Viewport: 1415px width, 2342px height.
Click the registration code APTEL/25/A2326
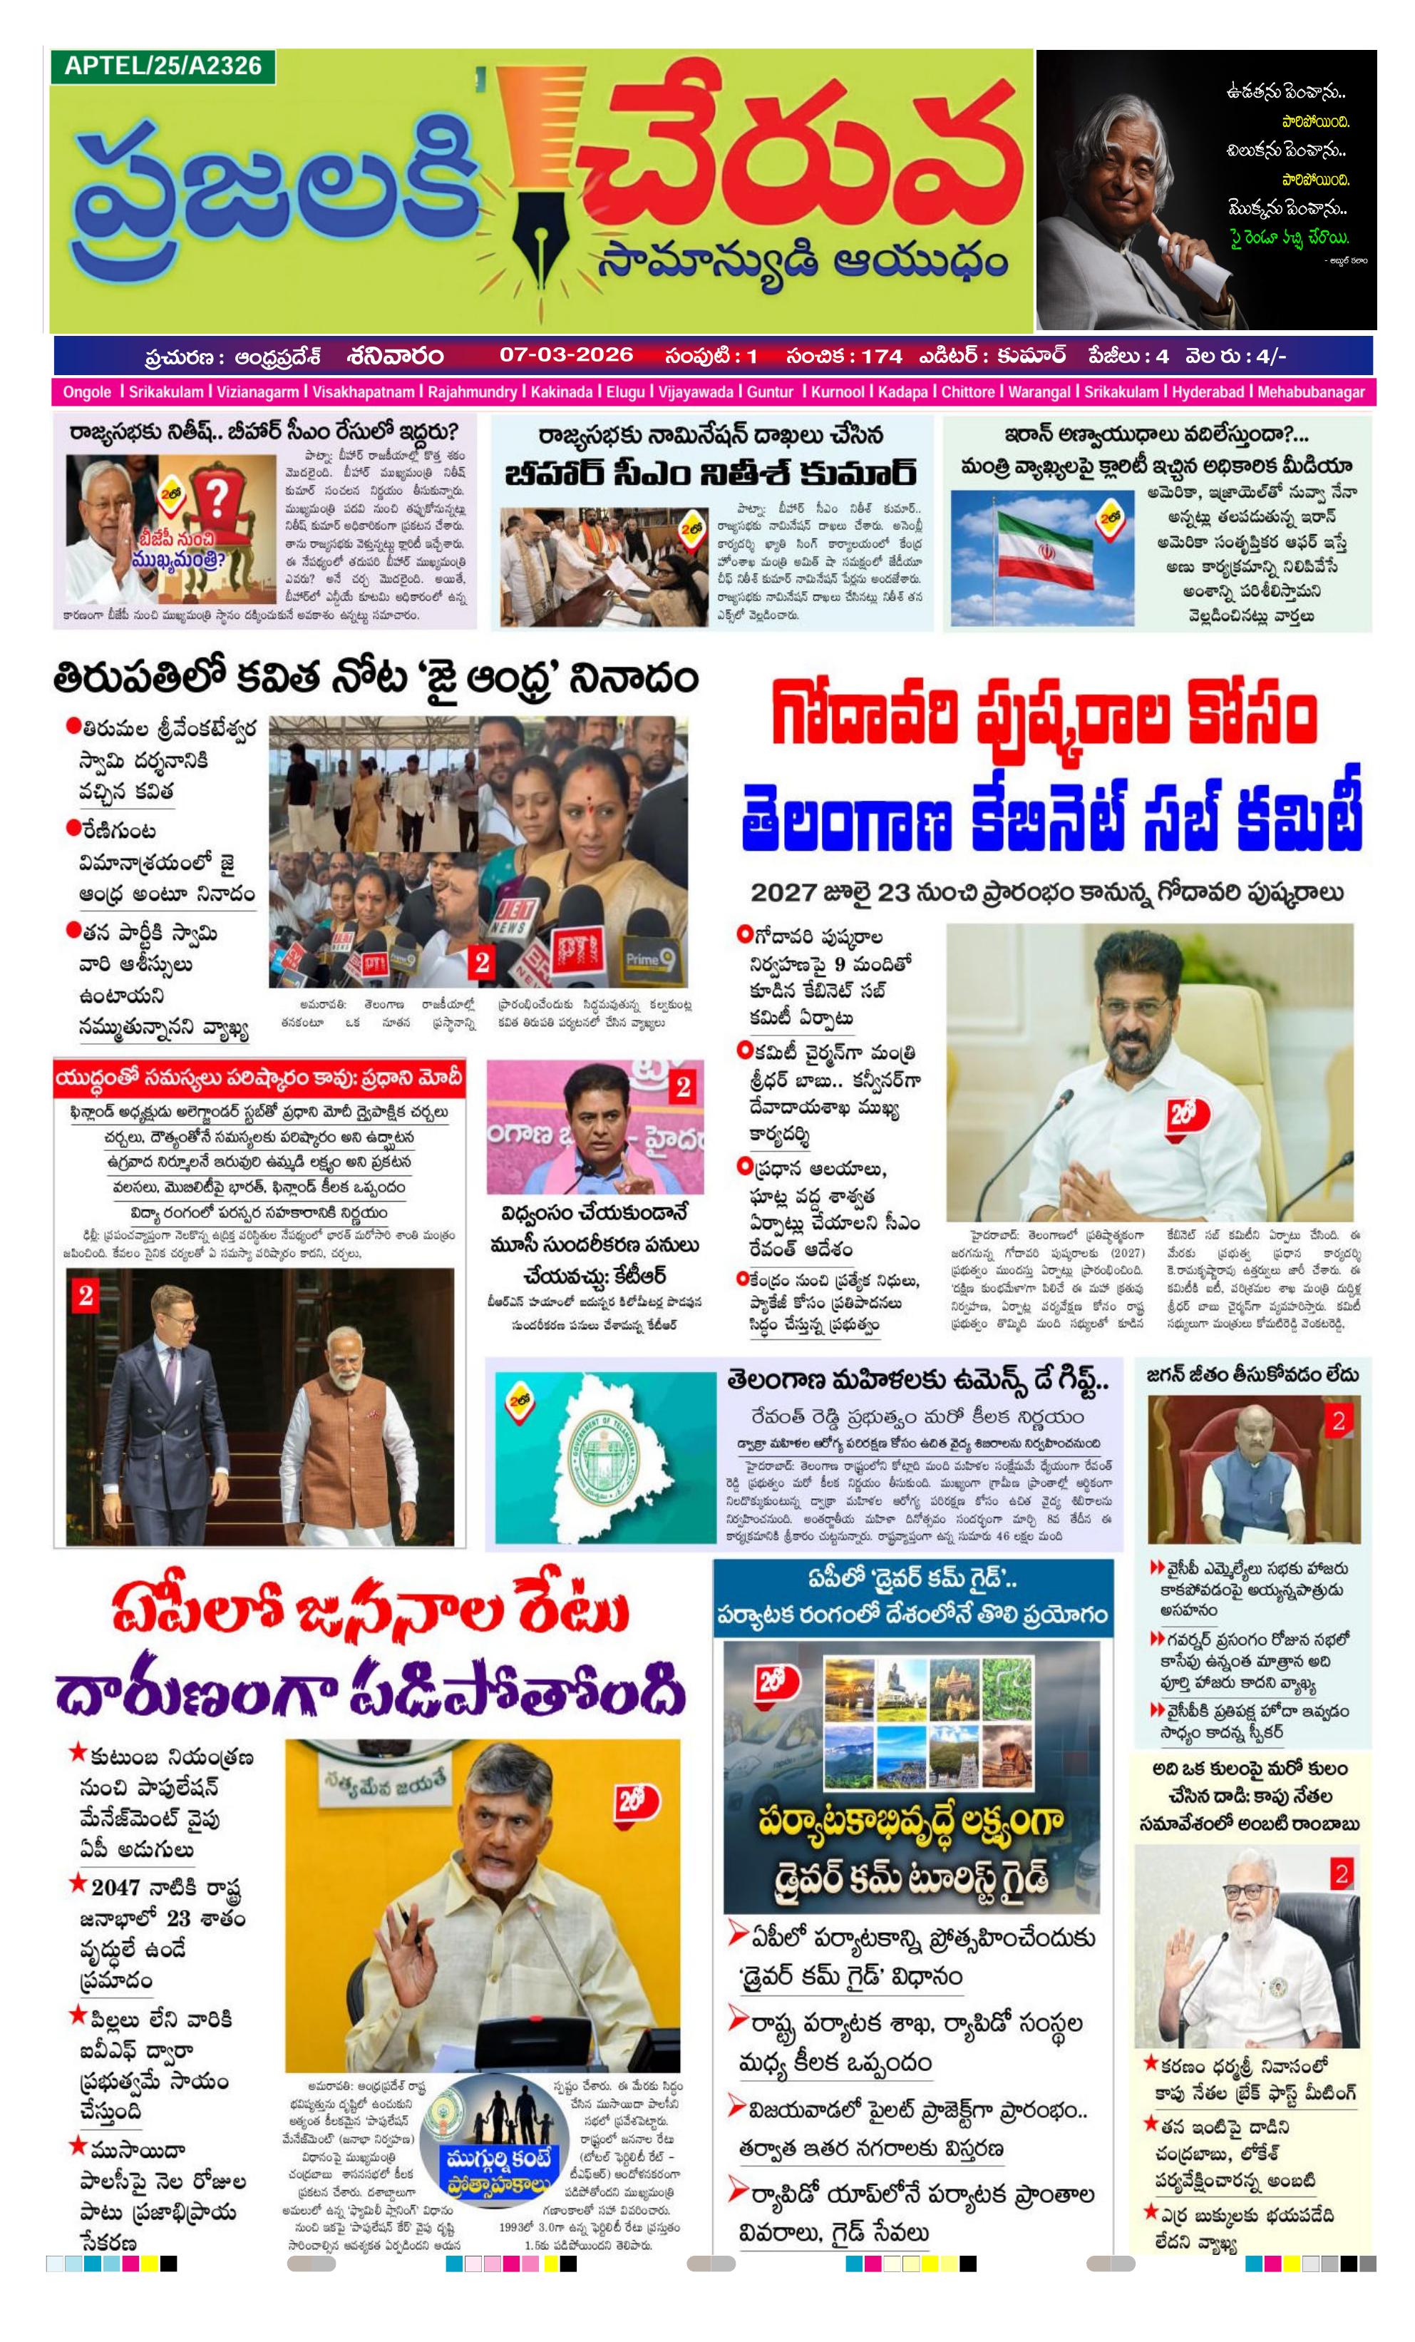coord(163,66)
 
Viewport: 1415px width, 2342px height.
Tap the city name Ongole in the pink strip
coord(86,392)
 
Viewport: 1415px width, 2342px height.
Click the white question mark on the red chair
coord(217,497)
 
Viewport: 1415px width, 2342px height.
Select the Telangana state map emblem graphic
coord(604,1448)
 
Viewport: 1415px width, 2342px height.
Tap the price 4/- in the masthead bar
coord(1270,355)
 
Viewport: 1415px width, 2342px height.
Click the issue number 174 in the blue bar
coord(881,355)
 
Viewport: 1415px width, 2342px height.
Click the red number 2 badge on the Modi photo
coord(86,1294)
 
